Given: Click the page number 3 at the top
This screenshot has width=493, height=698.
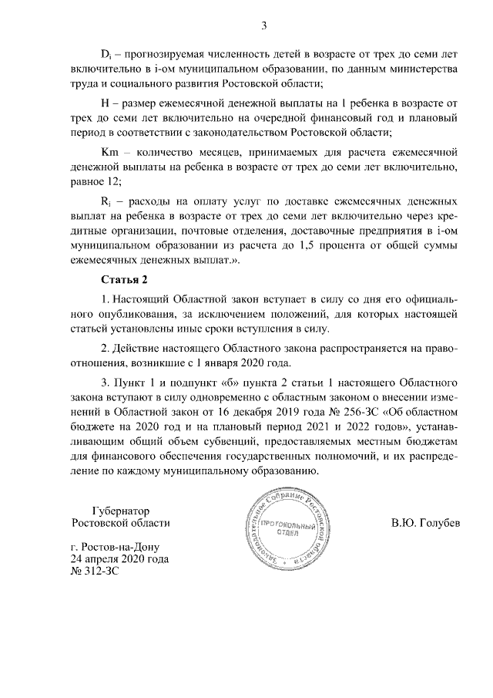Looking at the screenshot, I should pos(264,25).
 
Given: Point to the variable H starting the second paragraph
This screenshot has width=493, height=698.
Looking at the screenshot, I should pos(106,103).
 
